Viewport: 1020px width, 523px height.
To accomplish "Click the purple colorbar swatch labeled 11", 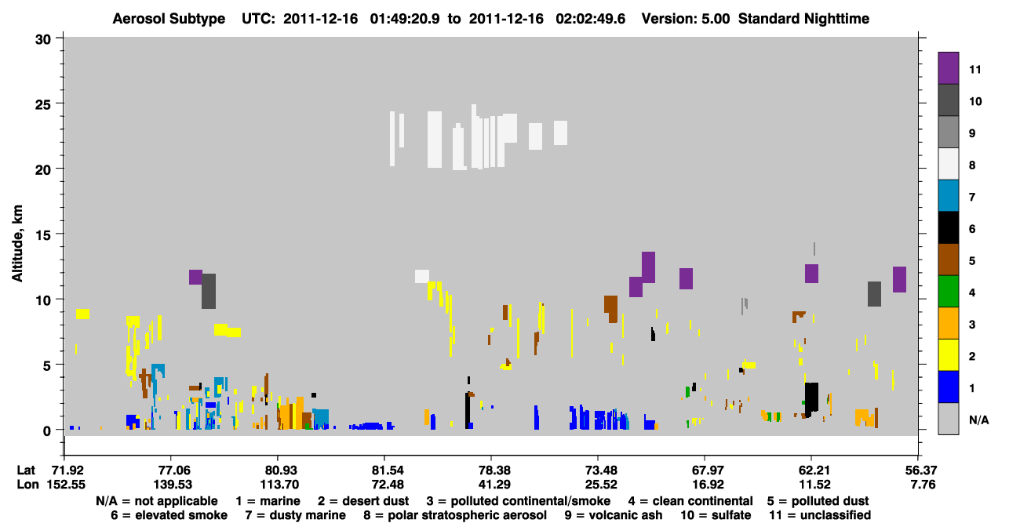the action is pyautogui.click(x=948, y=68).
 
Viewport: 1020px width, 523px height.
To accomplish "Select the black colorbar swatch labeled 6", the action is pyautogui.click(x=948, y=227).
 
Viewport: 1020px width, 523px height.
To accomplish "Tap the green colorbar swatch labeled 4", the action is pyautogui.click(x=948, y=292).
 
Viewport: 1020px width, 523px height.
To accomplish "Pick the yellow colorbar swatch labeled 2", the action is pyautogui.click(x=948, y=355).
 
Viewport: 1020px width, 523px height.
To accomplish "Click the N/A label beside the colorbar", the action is pyautogui.click(x=978, y=419).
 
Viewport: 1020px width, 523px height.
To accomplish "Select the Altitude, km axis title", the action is pyautogui.click(x=17, y=244).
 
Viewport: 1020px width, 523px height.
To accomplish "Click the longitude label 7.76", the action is pyautogui.click(x=923, y=485).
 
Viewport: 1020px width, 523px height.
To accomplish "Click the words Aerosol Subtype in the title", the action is pyautogui.click(x=169, y=19).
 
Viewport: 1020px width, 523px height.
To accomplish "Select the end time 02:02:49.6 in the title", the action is pyautogui.click(x=591, y=19).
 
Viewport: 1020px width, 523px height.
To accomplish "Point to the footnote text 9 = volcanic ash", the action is pyautogui.click(x=614, y=515).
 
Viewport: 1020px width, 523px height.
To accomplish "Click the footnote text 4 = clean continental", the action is pyautogui.click(x=690, y=501).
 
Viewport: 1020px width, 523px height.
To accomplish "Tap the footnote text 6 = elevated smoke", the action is pyautogui.click(x=169, y=515).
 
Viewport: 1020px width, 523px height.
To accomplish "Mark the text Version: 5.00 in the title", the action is pyautogui.click(x=686, y=19).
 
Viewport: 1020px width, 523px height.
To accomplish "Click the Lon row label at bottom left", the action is pyautogui.click(x=27, y=485).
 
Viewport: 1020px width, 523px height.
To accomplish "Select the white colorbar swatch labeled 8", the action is pyautogui.click(x=948, y=164).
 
